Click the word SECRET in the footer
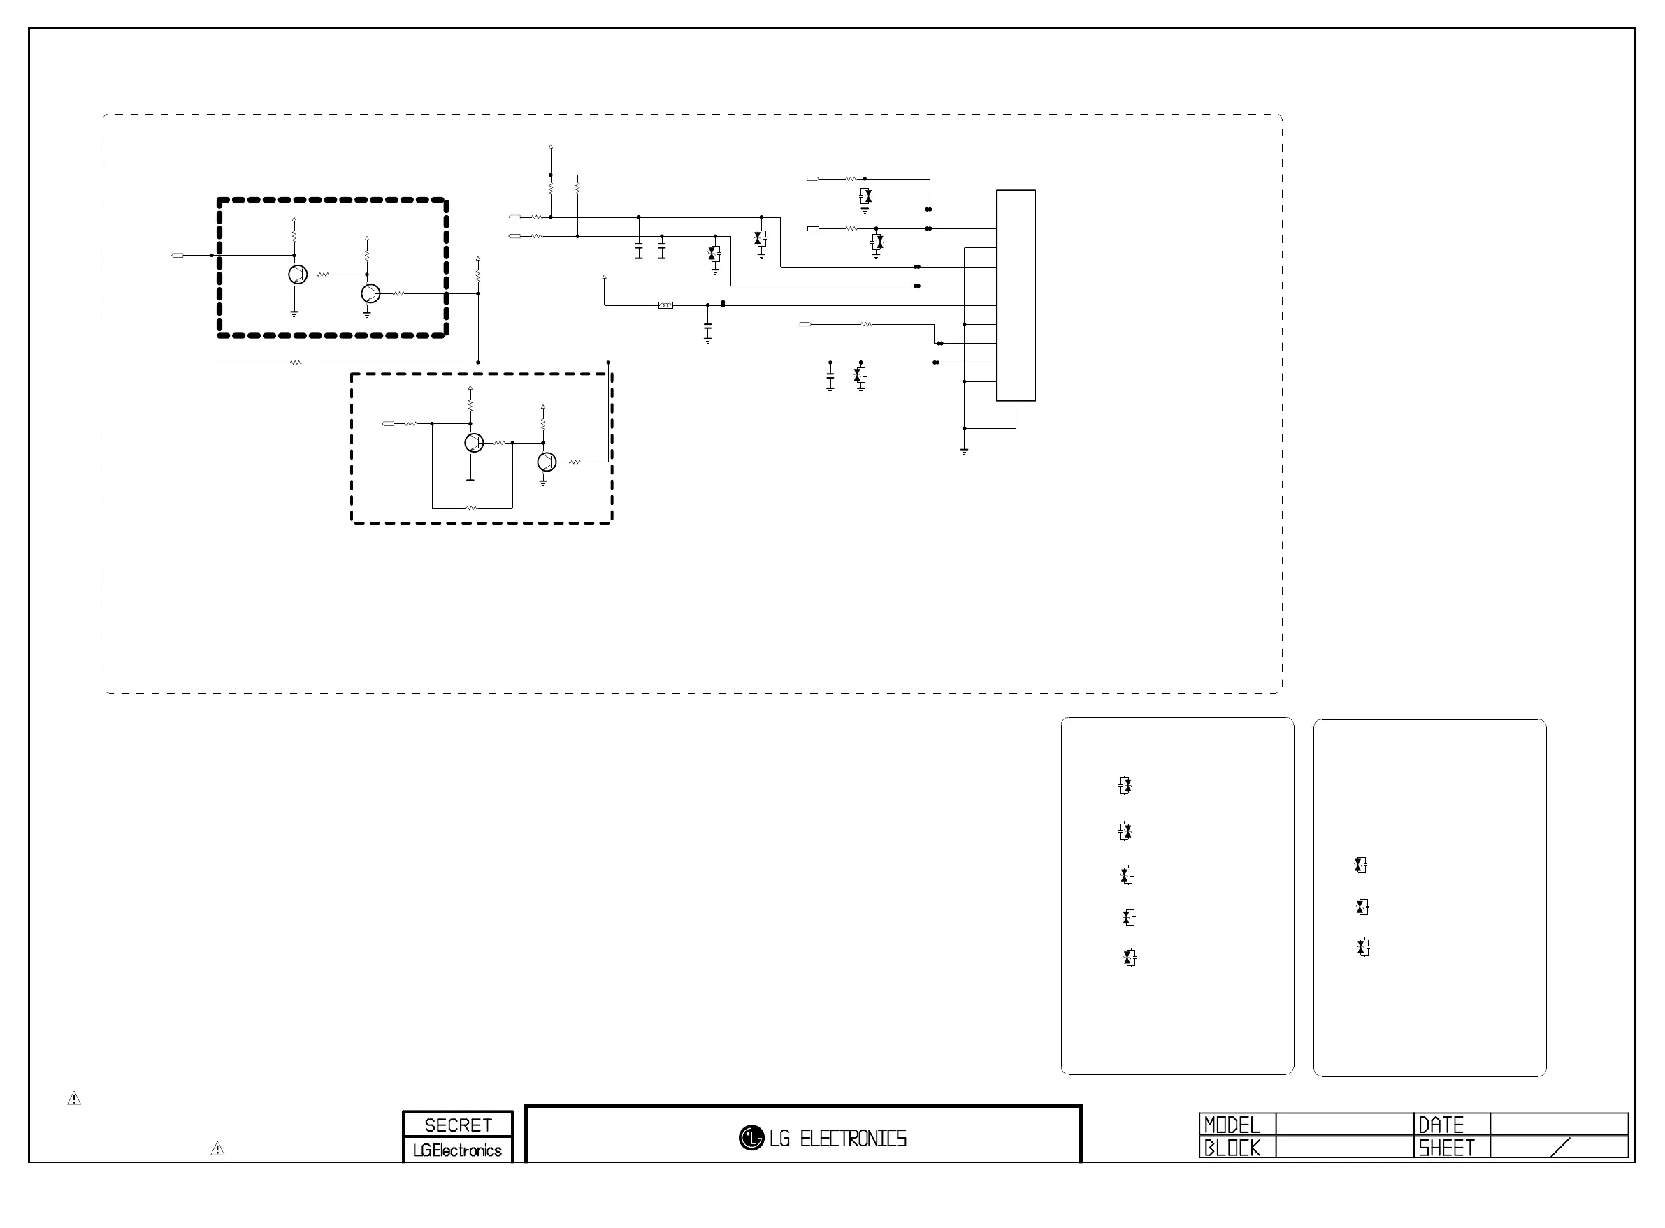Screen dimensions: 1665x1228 point(458,1125)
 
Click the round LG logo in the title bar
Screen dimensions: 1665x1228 point(751,1137)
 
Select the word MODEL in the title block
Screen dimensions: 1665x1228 point(1232,1125)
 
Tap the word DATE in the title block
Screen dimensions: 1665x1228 point(1441,1125)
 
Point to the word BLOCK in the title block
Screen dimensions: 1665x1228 point(1232,1148)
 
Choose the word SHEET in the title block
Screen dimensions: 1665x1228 point(1446,1148)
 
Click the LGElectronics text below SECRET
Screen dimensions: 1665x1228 point(457,1150)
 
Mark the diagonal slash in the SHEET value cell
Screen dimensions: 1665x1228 point(1561,1147)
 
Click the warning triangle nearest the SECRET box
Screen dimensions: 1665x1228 point(217,1148)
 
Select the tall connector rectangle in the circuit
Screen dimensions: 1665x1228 point(1016,295)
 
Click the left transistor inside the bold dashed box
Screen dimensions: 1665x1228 point(298,275)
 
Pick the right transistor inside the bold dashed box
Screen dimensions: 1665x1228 point(370,293)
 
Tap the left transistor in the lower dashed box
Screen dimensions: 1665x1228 point(474,443)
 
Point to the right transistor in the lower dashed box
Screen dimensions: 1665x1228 point(547,462)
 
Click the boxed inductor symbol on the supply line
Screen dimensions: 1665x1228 point(665,305)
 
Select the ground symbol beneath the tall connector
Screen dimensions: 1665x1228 point(965,451)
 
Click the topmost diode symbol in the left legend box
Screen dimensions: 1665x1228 point(1125,786)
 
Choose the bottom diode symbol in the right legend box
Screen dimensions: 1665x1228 point(1363,948)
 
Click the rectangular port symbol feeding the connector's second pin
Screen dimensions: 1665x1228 point(814,228)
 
